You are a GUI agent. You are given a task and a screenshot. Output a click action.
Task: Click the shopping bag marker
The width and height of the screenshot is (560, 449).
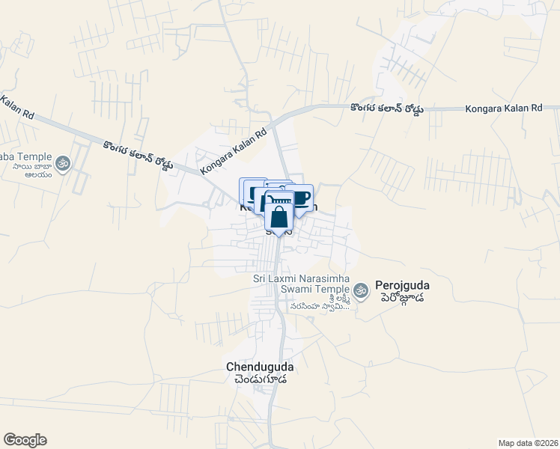coord(279,217)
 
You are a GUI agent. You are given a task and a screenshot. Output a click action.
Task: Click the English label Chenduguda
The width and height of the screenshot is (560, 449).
coord(260,367)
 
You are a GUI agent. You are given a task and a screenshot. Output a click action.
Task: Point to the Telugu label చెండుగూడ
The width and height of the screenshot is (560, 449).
coord(260,379)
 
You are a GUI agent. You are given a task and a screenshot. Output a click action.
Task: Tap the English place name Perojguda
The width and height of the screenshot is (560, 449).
coord(405,285)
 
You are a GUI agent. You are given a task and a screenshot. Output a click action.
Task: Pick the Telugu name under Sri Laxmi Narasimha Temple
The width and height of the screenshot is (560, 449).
coord(314,301)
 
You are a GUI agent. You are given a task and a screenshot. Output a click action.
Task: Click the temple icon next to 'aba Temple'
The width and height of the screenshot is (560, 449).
coord(63,162)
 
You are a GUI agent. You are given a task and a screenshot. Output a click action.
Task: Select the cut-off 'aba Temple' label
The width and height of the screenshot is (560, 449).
coord(25,156)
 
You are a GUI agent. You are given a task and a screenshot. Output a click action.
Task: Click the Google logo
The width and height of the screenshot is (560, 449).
coord(25,440)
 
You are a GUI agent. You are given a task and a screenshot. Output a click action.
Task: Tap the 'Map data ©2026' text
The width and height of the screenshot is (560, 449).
coord(527,442)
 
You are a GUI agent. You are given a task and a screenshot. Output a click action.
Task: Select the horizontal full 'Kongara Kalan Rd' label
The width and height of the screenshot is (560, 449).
coord(503,109)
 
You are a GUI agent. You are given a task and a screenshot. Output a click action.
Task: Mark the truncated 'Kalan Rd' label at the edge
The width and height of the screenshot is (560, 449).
coord(18,108)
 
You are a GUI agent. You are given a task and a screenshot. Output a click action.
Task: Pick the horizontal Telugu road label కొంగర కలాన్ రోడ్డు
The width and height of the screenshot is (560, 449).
coord(386,109)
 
